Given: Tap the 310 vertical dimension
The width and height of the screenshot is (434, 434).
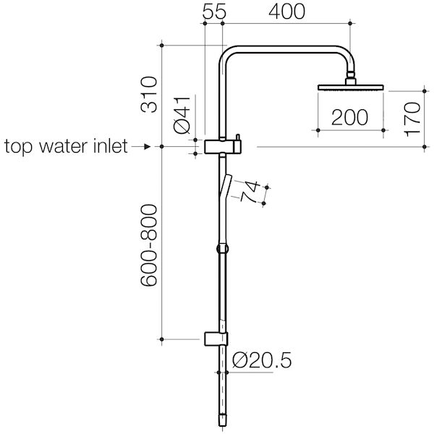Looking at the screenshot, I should [x=149, y=94].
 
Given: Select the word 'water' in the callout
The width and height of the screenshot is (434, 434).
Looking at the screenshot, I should [x=63, y=148].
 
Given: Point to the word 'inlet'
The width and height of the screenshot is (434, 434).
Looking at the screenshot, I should [x=109, y=148].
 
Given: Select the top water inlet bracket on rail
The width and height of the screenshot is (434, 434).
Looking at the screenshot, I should [x=222, y=146].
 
